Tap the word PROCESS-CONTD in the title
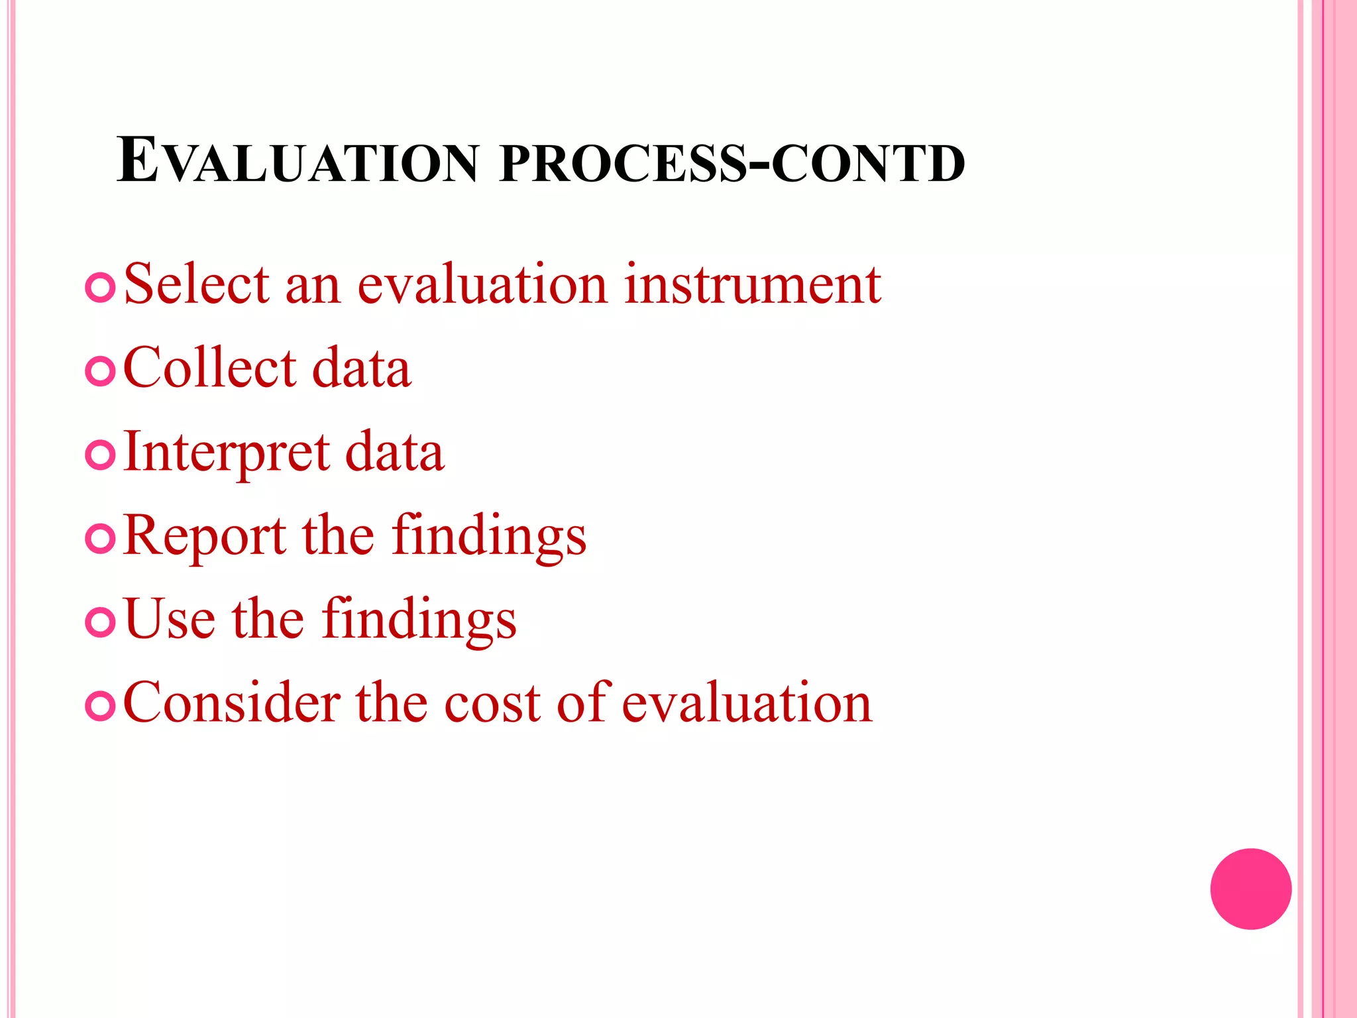tap(732, 163)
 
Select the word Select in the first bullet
tap(197, 284)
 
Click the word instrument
tap(752, 284)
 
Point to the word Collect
tap(210, 368)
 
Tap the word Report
tap(205, 537)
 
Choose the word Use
tap(170, 620)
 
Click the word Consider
tap(231, 703)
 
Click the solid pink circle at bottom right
tap(1250, 889)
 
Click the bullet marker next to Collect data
tap(101, 372)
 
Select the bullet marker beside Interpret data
tap(101, 455)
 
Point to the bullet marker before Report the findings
tap(101, 539)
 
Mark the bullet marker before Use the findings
tap(101, 622)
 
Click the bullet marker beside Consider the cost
tap(101, 706)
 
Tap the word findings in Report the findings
tap(488, 537)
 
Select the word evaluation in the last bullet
tap(747, 703)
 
